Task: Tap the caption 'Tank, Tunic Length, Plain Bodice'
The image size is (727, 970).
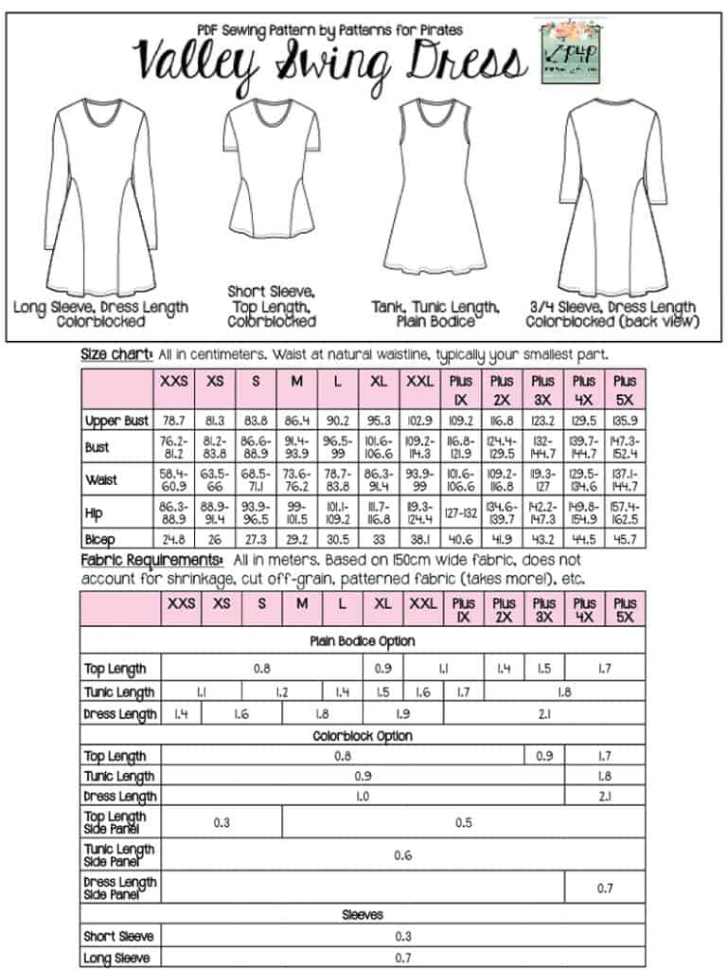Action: point(434,314)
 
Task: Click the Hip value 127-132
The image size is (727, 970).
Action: point(463,512)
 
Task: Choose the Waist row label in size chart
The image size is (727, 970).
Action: point(101,479)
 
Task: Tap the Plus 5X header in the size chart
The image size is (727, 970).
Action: point(625,387)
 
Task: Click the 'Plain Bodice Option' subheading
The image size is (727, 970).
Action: point(363,641)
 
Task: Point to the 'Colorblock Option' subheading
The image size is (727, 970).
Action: point(363,735)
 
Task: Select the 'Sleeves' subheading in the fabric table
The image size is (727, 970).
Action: point(363,915)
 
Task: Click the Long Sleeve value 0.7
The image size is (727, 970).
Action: point(403,958)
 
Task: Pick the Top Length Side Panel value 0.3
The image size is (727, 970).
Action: point(222,822)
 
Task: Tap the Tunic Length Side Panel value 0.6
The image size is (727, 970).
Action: point(403,855)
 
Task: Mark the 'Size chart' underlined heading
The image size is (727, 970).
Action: point(116,354)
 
